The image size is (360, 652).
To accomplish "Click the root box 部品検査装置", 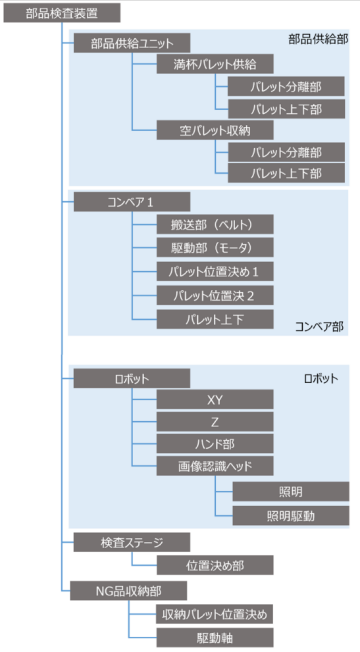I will coord(62,13).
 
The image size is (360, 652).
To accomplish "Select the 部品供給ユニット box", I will coord(131,43).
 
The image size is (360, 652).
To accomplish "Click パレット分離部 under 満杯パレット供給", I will coord(287,87).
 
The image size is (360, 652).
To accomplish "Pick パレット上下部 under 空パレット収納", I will coord(287,174).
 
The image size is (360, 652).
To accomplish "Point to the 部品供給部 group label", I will coord(317,39).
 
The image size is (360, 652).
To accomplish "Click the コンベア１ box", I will coord(131,202).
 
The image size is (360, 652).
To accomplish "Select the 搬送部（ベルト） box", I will coord(215,224).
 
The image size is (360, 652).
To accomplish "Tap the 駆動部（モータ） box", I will coord(215,247).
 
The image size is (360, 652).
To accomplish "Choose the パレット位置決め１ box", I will coord(215,271).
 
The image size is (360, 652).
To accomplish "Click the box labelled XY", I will coord(215,399).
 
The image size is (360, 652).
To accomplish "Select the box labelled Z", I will coord(215,421).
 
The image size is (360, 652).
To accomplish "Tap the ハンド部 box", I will coord(215,444).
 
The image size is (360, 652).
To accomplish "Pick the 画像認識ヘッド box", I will coord(215,467).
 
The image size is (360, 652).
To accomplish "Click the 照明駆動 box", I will coord(291,515).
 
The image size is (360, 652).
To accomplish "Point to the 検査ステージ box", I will coord(131,542).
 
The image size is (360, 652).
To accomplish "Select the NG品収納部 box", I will coord(131,590).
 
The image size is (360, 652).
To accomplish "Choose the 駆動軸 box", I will coord(215,636).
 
